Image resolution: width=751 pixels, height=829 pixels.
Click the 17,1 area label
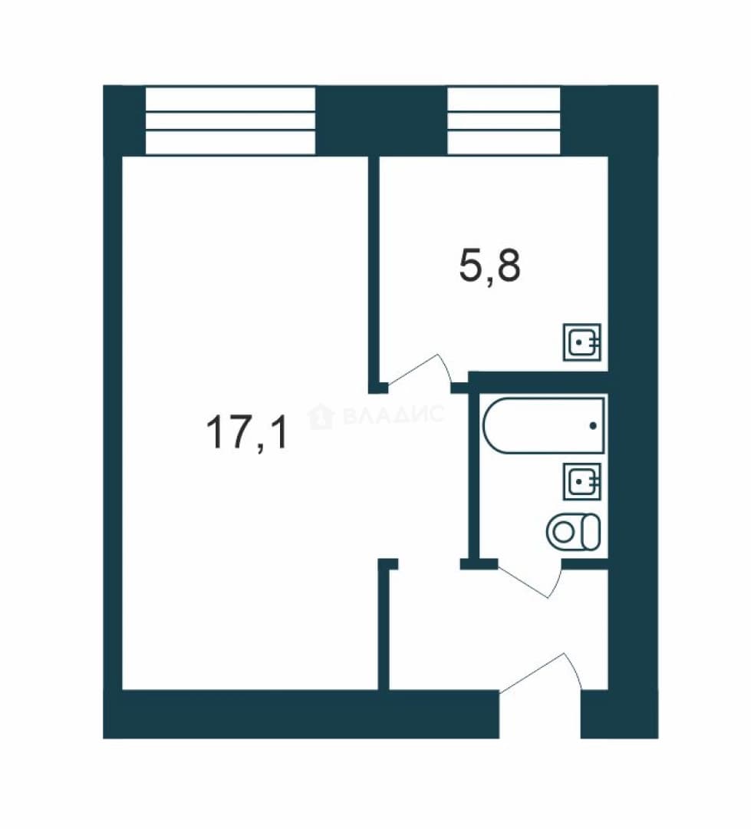pos(247,432)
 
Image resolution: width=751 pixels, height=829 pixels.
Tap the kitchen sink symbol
pos(582,342)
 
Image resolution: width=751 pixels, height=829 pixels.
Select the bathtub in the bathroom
pos(544,425)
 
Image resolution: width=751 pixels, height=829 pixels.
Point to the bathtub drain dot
pos(593,425)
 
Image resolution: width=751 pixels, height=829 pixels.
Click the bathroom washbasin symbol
pos(582,481)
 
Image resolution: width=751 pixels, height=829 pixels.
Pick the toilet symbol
pos(574,531)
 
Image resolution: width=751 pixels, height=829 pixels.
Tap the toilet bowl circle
pos(564,532)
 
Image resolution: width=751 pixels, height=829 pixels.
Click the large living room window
pos(230,121)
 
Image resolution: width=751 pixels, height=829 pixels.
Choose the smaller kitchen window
pos(504,121)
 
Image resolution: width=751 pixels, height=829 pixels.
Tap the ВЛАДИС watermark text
pos(394,415)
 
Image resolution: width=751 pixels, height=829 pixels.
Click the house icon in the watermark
pos(321,415)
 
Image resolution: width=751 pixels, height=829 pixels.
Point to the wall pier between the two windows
pos(381,121)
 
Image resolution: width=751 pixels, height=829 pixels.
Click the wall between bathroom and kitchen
pos(538,378)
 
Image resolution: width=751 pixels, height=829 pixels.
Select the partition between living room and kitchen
pos(374,272)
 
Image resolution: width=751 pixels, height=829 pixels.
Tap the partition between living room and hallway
pos(384,624)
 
